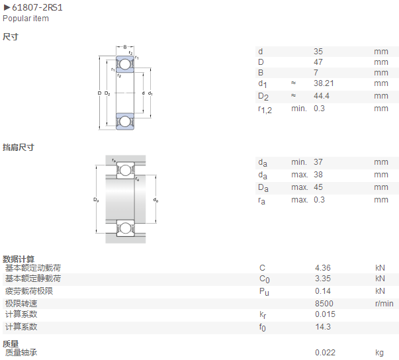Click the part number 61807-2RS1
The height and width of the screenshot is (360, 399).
tap(37, 7)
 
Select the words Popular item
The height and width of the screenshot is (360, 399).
tap(26, 19)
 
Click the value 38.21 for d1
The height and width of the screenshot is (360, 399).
tap(324, 83)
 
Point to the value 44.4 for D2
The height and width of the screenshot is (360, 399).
tap(322, 96)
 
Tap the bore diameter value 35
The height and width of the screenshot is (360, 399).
tap(318, 52)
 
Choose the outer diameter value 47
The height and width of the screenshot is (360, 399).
tap(318, 62)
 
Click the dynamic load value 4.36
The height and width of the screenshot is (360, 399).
tap(323, 268)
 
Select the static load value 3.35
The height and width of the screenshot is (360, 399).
tap(323, 279)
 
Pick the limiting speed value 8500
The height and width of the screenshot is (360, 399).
tap(324, 304)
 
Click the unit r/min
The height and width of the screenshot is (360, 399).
tap(384, 304)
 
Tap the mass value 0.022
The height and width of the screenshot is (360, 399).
tap(325, 353)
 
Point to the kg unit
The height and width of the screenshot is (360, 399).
tap(379, 353)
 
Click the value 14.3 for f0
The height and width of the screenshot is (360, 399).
tap(323, 327)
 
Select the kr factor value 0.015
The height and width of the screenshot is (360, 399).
tap(325, 314)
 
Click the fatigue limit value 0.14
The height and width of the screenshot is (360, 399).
tap(323, 291)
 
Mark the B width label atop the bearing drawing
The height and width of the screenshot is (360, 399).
tap(125, 47)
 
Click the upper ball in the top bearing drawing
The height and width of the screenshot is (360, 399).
tap(124, 64)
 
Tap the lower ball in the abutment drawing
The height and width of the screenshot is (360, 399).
tap(125, 228)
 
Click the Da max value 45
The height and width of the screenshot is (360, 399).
tap(318, 187)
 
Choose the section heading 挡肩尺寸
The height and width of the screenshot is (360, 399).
tap(19, 148)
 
